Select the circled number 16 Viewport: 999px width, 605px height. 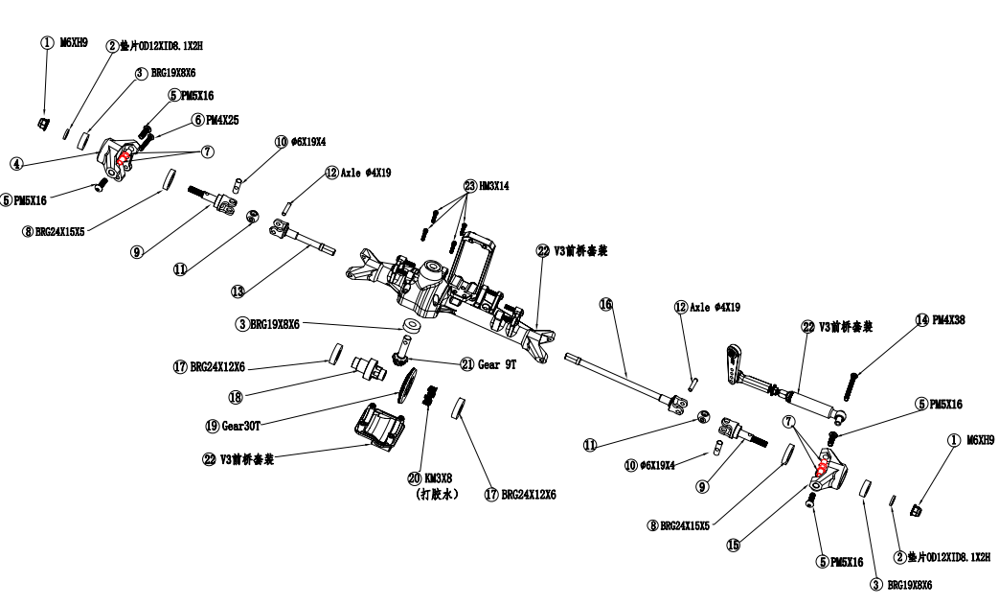tap(605, 303)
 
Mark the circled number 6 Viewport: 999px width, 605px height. tap(197, 119)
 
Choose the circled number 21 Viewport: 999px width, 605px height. tap(467, 363)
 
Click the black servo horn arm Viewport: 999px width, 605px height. tap(733, 362)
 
